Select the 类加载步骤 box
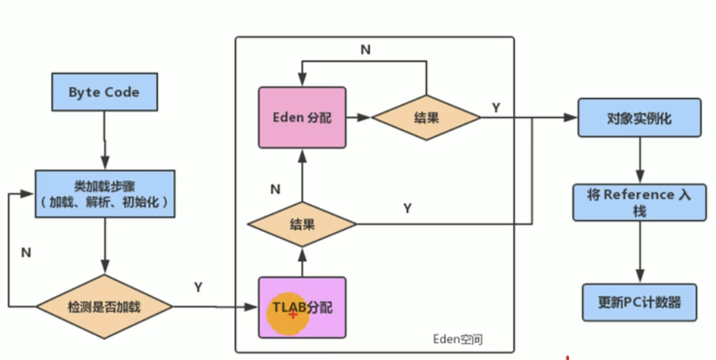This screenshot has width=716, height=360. point(104,194)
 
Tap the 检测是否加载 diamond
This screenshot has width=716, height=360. point(104,306)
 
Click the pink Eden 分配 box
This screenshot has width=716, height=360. point(302,117)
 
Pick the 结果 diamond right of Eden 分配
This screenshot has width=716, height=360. point(426,117)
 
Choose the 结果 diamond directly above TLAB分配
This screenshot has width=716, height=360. point(302,224)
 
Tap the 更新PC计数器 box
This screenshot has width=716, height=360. point(639,302)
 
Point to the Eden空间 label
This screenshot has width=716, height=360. point(457,339)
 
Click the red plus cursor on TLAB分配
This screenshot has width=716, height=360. point(293,314)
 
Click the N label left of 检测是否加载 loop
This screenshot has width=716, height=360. point(26,253)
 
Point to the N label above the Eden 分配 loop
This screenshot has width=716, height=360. point(365,50)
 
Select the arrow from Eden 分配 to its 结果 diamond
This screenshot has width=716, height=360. point(359,117)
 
